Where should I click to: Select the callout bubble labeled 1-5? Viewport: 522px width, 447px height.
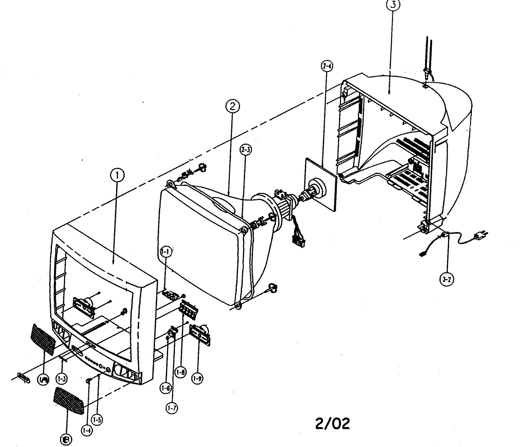pos(97,420)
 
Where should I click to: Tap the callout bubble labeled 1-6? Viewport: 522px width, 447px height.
pos(166,395)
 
